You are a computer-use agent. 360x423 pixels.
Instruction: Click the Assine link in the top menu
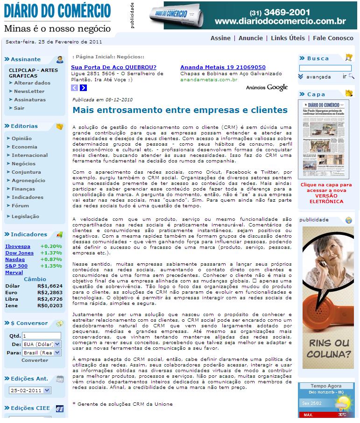pos(220,38)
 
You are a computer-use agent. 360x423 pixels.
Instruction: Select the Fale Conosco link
pos(333,38)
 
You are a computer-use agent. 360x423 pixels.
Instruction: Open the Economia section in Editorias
pos(24,147)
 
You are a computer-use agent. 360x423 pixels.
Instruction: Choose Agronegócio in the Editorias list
pos(28,180)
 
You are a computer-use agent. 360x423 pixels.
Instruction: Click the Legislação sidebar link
pos(25,216)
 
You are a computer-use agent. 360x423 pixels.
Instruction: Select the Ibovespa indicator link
pos(18,246)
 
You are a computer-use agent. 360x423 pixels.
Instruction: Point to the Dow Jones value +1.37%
pos(51,253)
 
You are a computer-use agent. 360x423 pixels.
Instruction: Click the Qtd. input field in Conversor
pos(41,336)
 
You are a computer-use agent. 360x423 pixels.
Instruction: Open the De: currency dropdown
pos(41,344)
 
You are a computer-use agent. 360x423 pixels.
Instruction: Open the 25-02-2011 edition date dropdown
pos(30,390)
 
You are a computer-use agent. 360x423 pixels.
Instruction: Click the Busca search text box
pos(325,68)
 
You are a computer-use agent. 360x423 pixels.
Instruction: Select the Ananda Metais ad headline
pos(223,67)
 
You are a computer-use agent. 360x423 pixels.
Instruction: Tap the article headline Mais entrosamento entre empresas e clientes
pos(180,110)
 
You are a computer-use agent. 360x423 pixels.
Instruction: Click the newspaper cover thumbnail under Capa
pos(323,139)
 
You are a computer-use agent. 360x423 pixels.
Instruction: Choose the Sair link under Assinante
pos(19,108)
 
